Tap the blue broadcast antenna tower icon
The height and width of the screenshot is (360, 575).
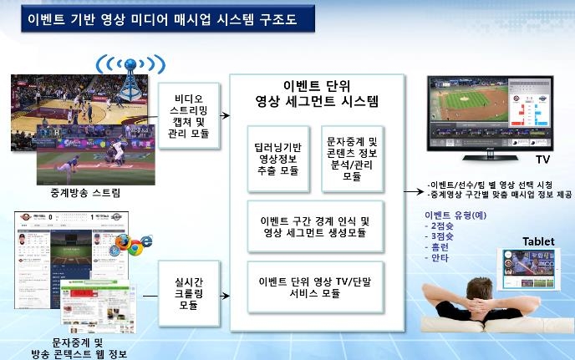coord(127,79)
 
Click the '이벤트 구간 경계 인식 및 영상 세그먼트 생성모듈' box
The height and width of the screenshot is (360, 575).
coord(315,226)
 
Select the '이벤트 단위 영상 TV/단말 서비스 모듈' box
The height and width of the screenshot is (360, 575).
coord(315,287)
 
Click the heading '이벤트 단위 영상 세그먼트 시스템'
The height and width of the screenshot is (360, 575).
coord(317,94)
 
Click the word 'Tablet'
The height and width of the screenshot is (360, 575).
coord(537,241)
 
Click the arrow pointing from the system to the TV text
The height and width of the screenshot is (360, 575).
coord(415,191)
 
